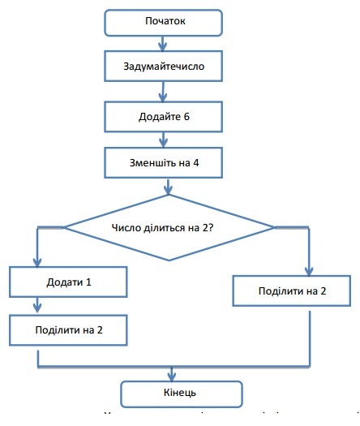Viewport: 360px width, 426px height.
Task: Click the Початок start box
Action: point(165,22)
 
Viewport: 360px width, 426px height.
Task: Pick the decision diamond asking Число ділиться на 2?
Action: point(169,228)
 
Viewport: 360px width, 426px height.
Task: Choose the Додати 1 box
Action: point(68,282)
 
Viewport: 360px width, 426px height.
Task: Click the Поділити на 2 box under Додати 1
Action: point(68,329)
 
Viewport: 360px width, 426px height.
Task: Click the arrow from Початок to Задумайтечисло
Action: point(166,43)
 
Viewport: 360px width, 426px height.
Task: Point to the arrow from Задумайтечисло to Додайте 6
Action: point(166,91)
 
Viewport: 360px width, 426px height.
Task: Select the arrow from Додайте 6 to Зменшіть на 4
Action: point(166,139)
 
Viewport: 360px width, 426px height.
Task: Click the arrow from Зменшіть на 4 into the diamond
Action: point(167,186)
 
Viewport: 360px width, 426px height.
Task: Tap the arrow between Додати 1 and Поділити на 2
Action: point(37,306)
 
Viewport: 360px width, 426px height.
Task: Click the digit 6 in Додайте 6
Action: point(186,116)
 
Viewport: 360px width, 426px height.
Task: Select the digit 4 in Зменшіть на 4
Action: point(195,162)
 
